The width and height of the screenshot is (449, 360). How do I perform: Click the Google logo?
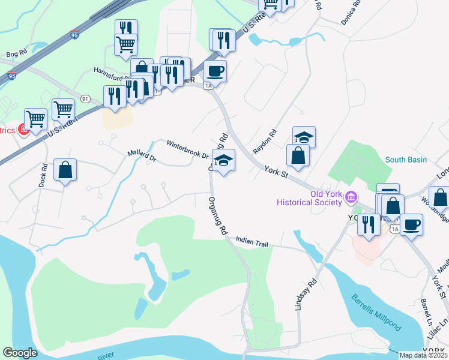(20, 353)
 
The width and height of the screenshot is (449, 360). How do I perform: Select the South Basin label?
(406, 160)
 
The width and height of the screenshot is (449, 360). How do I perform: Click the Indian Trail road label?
(253, 242)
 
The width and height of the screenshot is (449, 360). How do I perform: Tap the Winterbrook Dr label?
(187, 149)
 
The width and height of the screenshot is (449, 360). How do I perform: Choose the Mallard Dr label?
(142, 156)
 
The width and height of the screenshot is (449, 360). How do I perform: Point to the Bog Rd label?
(17, 53)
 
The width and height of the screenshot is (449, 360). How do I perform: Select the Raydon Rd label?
(265, 141)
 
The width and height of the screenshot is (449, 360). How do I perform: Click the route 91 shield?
(85, 98)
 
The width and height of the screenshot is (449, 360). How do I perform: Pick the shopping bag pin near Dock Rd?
(65, 170)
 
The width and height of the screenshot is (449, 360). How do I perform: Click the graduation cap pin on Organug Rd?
(223, 161)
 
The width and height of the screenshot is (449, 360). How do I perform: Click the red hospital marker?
(24, 130)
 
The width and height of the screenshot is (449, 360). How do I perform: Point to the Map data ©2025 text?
(423, 355)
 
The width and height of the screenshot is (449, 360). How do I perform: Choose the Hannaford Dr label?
(112, 70)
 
